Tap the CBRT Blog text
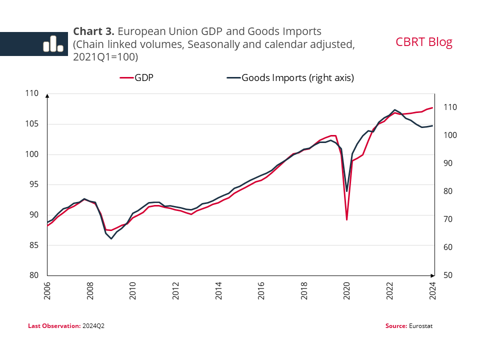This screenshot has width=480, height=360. pos(423,42)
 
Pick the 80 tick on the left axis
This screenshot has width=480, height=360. pos(33,275)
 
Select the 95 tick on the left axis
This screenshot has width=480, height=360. pos(33,184)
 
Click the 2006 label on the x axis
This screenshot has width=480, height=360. pos(47,291)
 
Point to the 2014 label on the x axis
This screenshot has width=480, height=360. pos(219,291)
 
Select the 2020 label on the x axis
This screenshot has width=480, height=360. pos(347,291)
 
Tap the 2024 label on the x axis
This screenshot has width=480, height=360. pos(433,291)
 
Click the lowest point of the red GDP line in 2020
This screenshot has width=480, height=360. pos(347,220)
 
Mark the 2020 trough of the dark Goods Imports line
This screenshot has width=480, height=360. pos(347,191)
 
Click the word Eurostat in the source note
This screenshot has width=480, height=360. pos(420,326)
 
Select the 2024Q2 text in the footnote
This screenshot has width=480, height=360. pos(93,326)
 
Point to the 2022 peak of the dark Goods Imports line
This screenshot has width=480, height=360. pos(395,109)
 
